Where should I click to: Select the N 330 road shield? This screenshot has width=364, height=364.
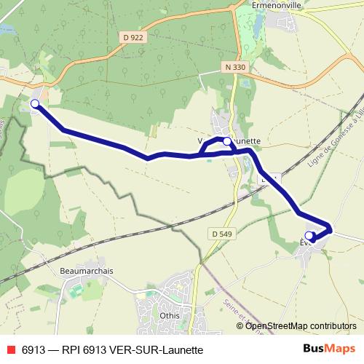tap(233, 66)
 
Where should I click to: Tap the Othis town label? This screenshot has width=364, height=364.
tap(169, 317)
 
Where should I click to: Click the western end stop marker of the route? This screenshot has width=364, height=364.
tap(34, 104)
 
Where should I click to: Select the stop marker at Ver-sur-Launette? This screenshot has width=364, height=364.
tap(226, 141)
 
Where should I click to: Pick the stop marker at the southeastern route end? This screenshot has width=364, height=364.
tap(309, 235)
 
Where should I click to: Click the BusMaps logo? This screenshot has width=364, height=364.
tap(330, 349)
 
